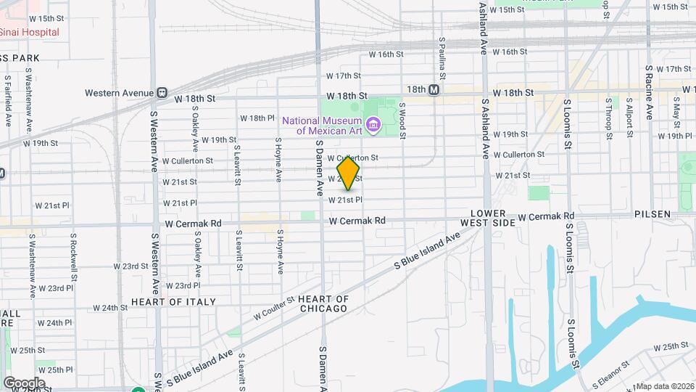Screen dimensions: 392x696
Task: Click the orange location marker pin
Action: click(x=348, y=173)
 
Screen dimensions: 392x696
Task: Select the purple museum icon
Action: click(x=373, y=125)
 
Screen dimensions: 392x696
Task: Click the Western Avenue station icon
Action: click(x=162, y=93)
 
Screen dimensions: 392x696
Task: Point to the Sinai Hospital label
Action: click(x=29, y=33)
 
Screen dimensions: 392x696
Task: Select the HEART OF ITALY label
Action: click(x=173, y=301)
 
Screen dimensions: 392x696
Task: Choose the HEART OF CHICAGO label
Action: click(x=323, y=303)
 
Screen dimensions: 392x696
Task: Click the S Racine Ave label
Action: click(x=650, y=91)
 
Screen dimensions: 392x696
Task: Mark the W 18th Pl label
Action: click(x=258, y=118)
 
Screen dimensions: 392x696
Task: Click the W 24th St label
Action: click(x=110, y=308)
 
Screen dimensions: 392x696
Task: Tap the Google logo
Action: click(x=24, y=383)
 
